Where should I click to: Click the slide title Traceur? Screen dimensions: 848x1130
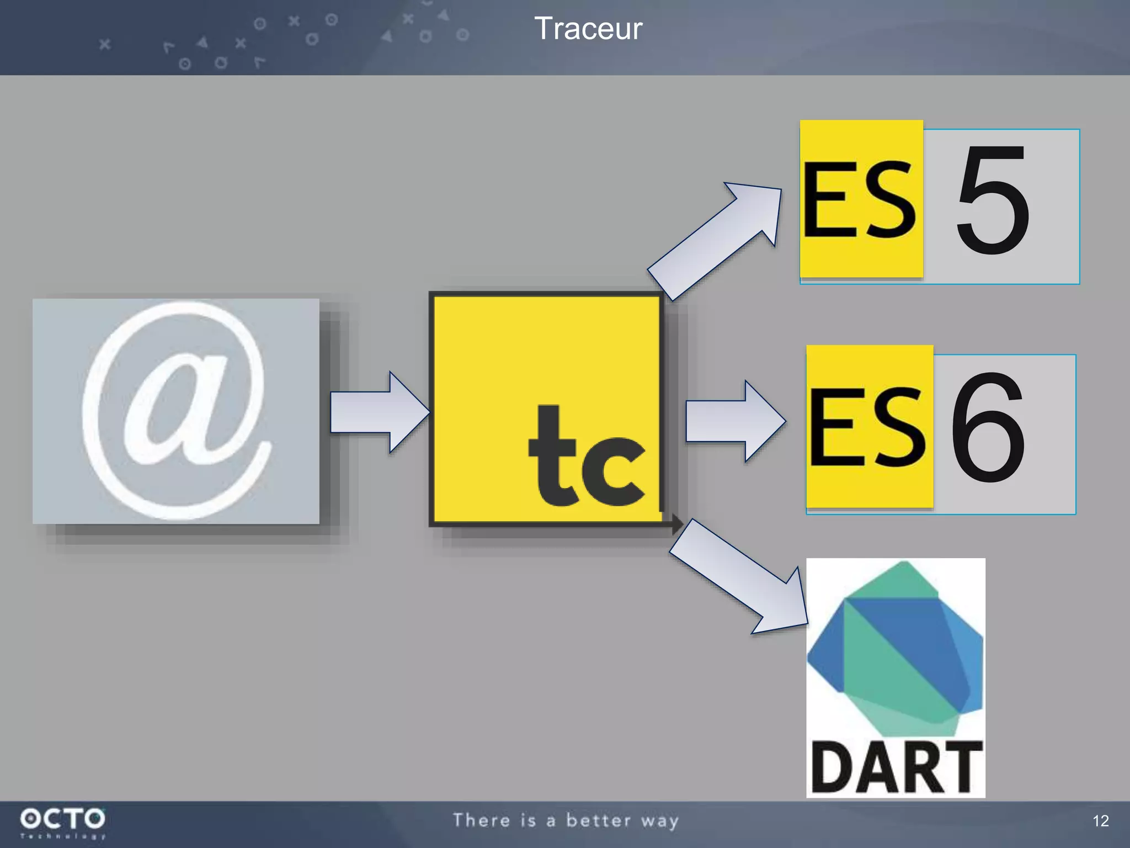click(x=588, y=29)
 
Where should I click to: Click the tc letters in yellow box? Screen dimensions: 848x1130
click(x=586, y=457)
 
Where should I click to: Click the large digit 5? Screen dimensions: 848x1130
click(x=993, y=201)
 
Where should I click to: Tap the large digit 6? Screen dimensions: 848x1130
click(x=988, y=428)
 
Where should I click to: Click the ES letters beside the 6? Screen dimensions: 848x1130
click(x=867, y=426)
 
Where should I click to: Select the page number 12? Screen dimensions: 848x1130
click(x=1100, y=821)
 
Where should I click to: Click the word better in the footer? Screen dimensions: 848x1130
click(x=598, y=820)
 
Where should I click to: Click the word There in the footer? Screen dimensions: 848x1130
click(x=481, y=820)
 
